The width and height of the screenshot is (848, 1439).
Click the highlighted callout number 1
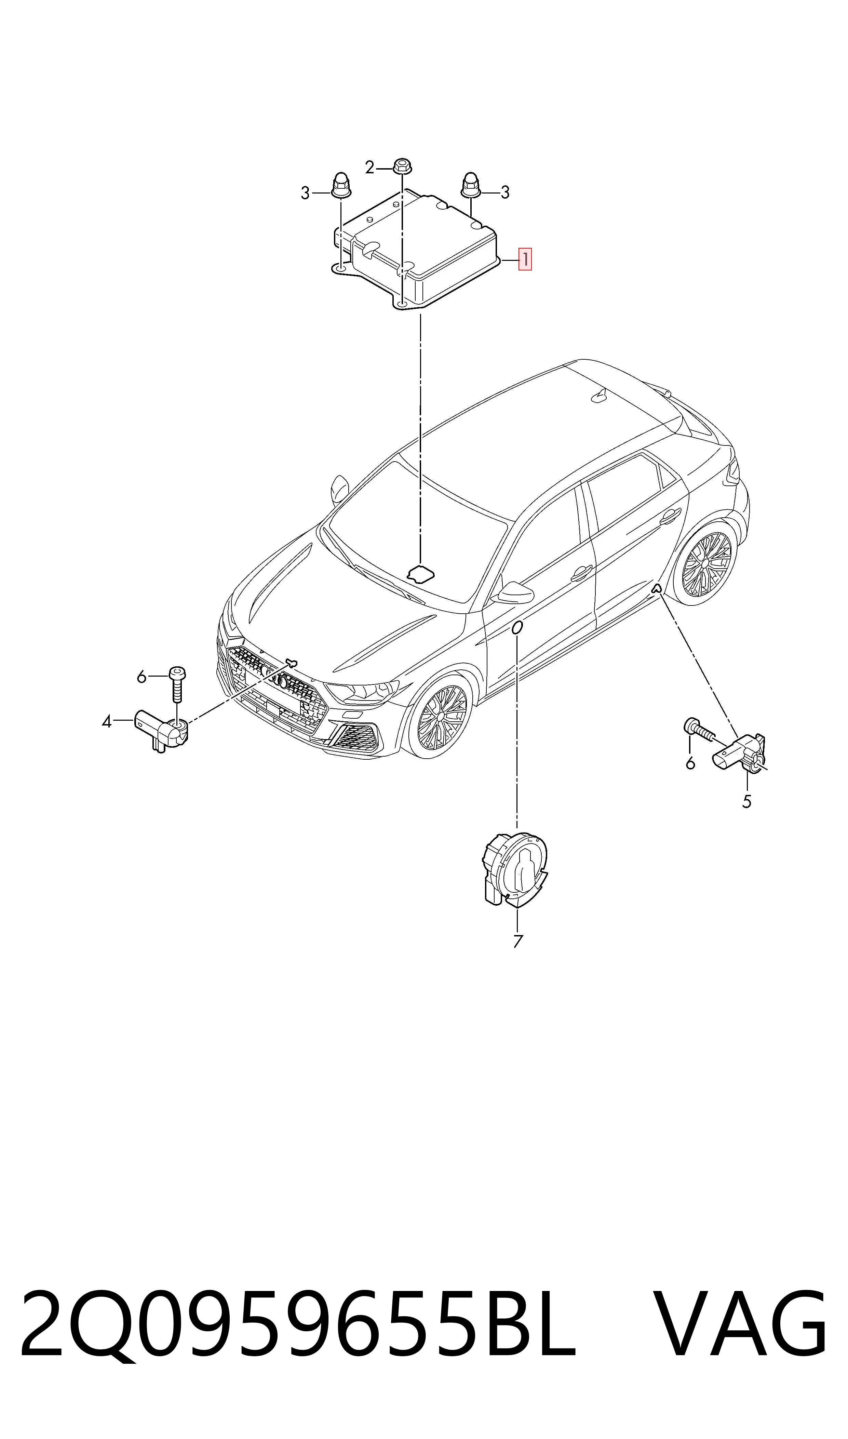(525, 259)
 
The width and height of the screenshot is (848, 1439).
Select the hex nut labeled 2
(402, 166)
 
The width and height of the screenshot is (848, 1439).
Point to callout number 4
(106, 722)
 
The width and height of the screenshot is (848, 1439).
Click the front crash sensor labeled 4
(161, 731)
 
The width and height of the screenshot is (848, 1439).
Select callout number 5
(746, 802)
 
